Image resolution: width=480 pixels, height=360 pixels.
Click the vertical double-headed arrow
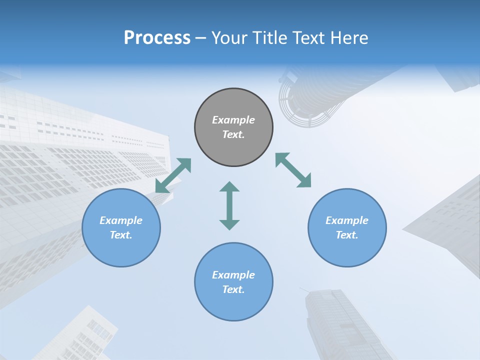pos(229,205)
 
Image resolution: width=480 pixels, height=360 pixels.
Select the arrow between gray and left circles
pos(173,175)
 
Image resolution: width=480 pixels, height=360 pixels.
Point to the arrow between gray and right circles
pos(293,170)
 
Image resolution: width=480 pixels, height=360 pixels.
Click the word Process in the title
pos(157,38)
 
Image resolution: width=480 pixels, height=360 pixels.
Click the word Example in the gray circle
pos(233,120)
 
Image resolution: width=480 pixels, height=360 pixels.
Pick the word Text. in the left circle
pos(121,235)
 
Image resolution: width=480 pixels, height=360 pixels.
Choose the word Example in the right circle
pos(347,220)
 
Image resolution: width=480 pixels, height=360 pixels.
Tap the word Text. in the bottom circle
pos(233,289)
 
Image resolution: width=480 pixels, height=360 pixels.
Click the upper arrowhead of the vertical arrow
pos(229,187)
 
